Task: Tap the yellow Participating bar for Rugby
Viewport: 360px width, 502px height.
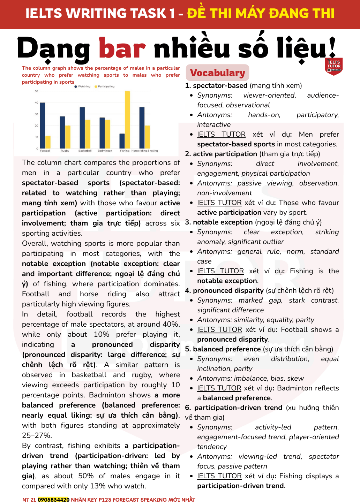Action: [x=68, y=137]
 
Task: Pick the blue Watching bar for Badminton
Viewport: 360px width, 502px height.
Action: [x=102, y=133]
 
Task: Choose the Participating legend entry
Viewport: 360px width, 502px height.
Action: [x=104, y=86]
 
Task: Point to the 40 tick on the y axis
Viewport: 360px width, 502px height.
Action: [x=37, y=102]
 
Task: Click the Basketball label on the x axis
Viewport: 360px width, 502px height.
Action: [x=85, y=151]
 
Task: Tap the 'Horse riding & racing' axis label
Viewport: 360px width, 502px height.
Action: [x=144, y=151]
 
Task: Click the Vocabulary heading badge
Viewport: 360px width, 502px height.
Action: [x=217, y=73]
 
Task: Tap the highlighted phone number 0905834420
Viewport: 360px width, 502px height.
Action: [x=54, y=500]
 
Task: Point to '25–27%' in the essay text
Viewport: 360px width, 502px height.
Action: [x=37, y=435]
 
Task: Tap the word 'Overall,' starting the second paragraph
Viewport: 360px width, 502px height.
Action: [x=34, y=243]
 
